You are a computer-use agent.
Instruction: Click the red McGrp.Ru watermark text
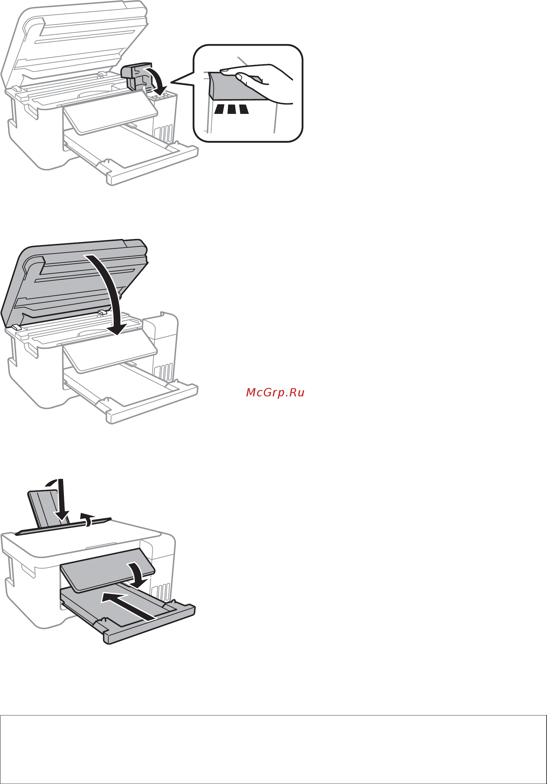point(275,393)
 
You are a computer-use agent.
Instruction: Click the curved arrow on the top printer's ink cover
point(158,81)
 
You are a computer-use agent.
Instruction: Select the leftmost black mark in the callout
point(219,109)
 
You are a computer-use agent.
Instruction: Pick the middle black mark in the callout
point(232,109)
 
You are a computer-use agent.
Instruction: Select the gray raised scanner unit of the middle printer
point(68,280)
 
